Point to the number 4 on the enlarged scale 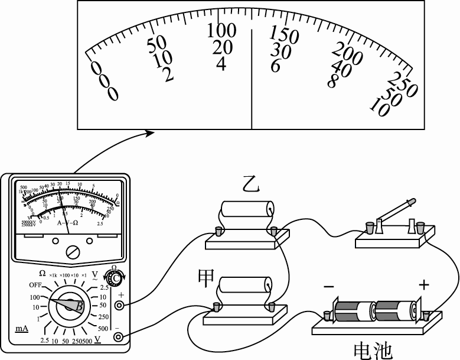coord(221,63)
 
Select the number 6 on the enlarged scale coord(276,66)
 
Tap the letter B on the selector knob coord(78,306)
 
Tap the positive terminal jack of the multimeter coord(120,306)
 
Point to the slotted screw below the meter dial coord(73,252)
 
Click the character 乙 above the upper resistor coord(252,186)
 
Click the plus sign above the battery coord(423,285)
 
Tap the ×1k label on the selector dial coord(54,275)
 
